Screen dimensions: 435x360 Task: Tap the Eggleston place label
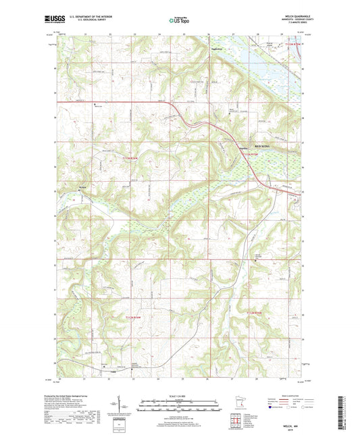[216, 49]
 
